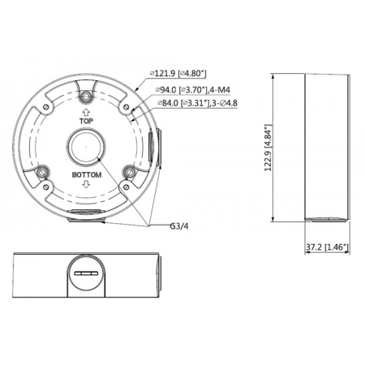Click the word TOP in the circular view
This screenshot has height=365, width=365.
(85, 118)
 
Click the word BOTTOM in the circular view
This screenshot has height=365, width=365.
(85, 174)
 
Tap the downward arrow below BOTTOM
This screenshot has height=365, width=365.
(85, 188)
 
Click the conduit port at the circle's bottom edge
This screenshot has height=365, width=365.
(85, 214)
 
